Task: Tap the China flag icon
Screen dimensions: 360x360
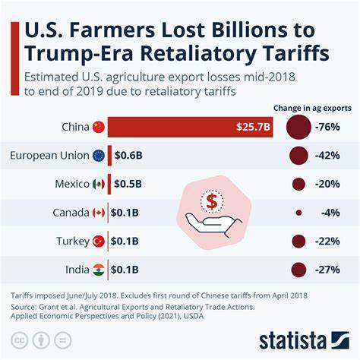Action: coord(98,128)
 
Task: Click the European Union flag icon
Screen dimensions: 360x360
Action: coord(98,156)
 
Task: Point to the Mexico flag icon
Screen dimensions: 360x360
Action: coord(98,185)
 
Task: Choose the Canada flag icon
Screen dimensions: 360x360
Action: coord(98,213)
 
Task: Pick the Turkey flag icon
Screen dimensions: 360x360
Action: coord(98,242)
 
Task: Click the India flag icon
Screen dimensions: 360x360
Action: coord(98,270)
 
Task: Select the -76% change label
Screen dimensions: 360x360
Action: coord(329,128)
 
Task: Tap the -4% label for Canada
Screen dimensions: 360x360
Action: coord(331,213)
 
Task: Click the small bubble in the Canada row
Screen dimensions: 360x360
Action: coord(298,213)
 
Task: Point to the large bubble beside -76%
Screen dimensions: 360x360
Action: coord(298,128)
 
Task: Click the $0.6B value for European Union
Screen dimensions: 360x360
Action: coord(127,156)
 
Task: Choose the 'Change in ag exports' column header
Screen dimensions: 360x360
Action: coord(317,108)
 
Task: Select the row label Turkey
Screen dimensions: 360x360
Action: coord(73,242)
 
